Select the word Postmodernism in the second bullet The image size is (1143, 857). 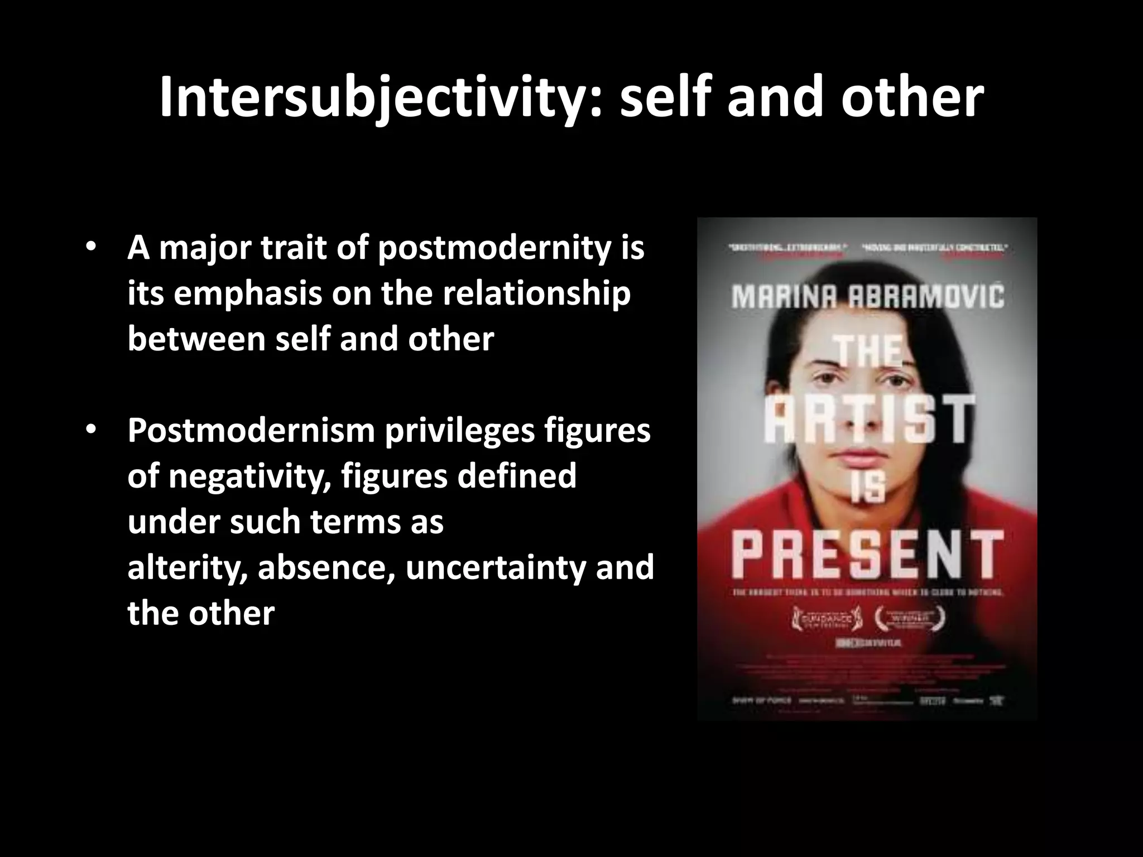(x=251, y=431)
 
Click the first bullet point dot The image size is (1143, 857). (x=92, y=247)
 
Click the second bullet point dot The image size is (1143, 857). (x=92, y=430)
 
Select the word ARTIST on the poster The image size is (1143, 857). (x=868, y=420)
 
